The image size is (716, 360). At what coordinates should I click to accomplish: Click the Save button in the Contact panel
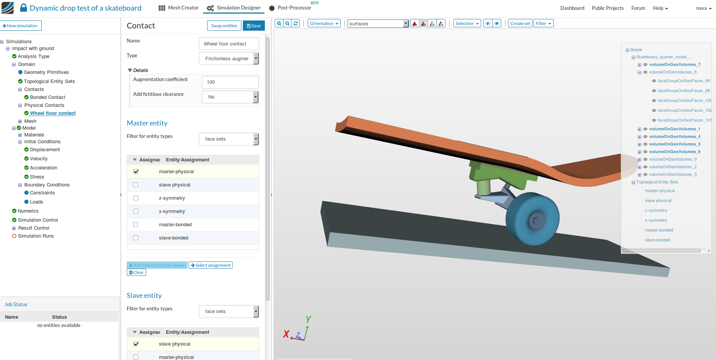tap(253, 26)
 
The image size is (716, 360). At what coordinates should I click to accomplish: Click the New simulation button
tap(20, 26)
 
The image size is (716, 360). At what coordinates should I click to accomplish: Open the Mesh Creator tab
tap(178, 8)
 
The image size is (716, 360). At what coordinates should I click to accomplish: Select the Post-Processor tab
tap(290, 8)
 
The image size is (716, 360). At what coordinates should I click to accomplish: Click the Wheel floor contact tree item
tap(53, 113)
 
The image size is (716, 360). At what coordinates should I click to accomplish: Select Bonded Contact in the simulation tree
tap(47, 97)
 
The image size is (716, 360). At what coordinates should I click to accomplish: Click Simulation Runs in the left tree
tap(36, 236)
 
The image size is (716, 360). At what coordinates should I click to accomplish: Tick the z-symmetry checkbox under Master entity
tap(136, 198)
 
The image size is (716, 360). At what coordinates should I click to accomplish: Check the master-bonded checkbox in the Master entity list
tap(136, 225)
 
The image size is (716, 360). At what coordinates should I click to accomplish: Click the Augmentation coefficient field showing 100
tap(230, 82)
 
